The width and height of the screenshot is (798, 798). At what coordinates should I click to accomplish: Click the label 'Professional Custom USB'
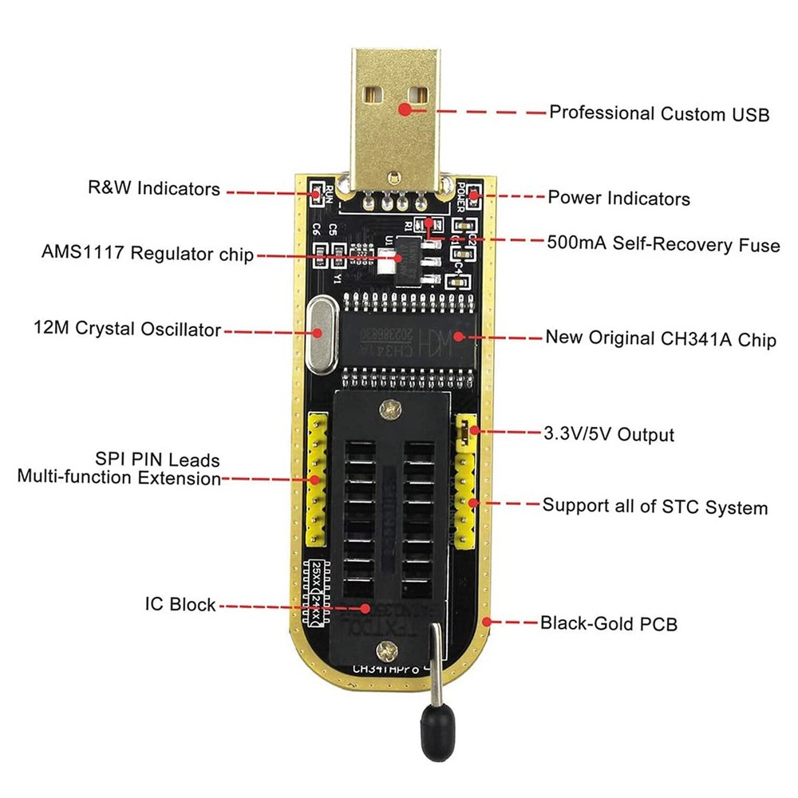coord(659,113)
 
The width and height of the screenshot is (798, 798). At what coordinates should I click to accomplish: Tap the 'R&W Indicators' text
coord(153,189)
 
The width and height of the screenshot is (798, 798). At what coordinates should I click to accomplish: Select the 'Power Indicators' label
coord(618,197)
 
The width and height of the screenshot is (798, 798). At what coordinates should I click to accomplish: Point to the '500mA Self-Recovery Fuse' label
coord(663,243)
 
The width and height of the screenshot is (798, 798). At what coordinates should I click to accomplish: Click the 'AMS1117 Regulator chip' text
coord(147,254)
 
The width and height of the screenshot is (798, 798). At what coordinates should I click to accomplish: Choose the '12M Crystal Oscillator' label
coord(127,328)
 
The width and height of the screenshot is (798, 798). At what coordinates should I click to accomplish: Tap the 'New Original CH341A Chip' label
coord(660,338)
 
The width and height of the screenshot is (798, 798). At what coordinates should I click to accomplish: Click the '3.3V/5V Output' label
coord(607,434)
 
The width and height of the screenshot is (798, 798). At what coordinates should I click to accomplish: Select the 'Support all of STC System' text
coord(654,507)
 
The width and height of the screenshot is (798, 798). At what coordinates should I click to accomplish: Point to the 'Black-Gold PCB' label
coord(608,623)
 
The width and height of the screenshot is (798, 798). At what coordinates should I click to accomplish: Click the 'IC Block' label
coord(180,604)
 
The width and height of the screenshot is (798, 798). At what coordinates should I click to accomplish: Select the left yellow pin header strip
coord(317,480)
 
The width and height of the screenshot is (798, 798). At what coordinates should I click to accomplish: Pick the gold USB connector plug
coord(396,112)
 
